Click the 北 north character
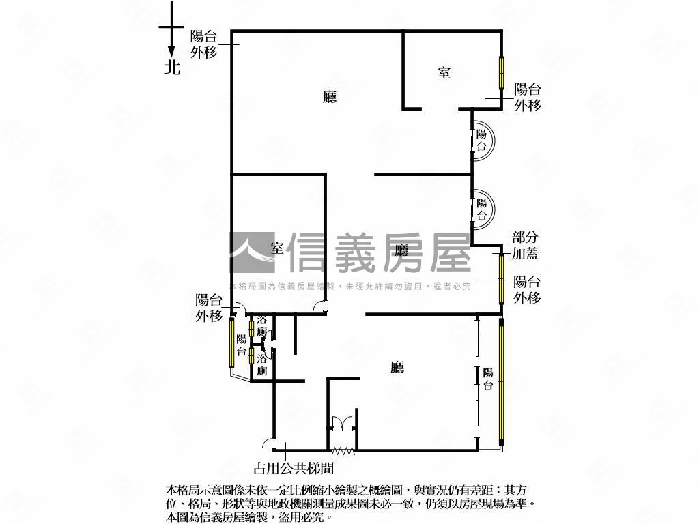coord(171,67)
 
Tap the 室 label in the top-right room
coord(444,72)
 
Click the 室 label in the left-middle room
coord(277,248)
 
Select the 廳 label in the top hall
coord(330,98)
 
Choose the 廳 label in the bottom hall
coord(397,368)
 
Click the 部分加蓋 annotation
coord(526,246)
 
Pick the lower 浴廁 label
coord(261,364)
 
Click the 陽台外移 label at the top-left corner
coord(204,44)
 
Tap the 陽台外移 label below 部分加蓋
coord(527,290)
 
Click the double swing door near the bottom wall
coord(341,423)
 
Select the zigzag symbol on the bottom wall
coord(342,450)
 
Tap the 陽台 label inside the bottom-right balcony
coord(488,379)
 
